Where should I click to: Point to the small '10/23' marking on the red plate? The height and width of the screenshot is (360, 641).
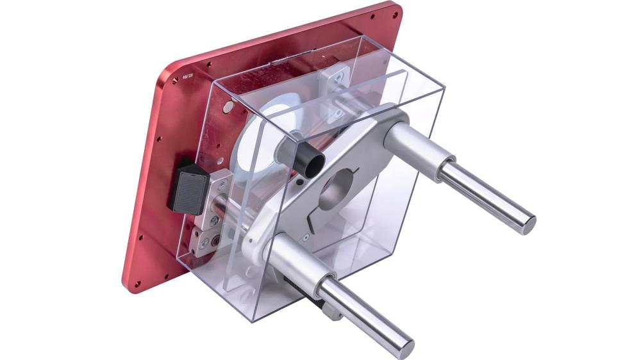[188, 75]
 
